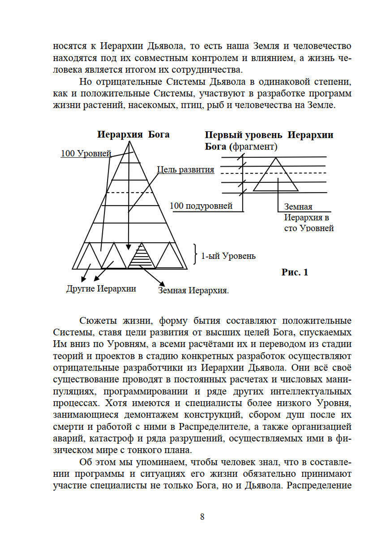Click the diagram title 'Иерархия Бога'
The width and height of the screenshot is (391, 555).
[x=133, y=135]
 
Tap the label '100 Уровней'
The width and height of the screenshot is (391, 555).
[x=86, y=154]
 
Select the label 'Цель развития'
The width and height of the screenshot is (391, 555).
[x=185, y=170]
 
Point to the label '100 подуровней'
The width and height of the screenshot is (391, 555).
[x=201, y=206]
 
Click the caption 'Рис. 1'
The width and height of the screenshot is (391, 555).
[x=294, y=272]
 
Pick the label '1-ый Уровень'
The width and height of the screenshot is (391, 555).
[x=228, y=256]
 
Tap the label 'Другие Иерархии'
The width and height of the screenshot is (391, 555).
[x=101, y=289]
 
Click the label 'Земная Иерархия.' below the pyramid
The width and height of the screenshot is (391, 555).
[x=193, y=291]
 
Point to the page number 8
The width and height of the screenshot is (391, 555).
[x=202, y=517]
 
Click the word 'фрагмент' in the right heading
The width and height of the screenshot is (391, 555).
[x=253, y=147]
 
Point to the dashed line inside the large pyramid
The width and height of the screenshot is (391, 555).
[x=129, y=193]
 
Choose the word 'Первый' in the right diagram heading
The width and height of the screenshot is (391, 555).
[x=223, y=135]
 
